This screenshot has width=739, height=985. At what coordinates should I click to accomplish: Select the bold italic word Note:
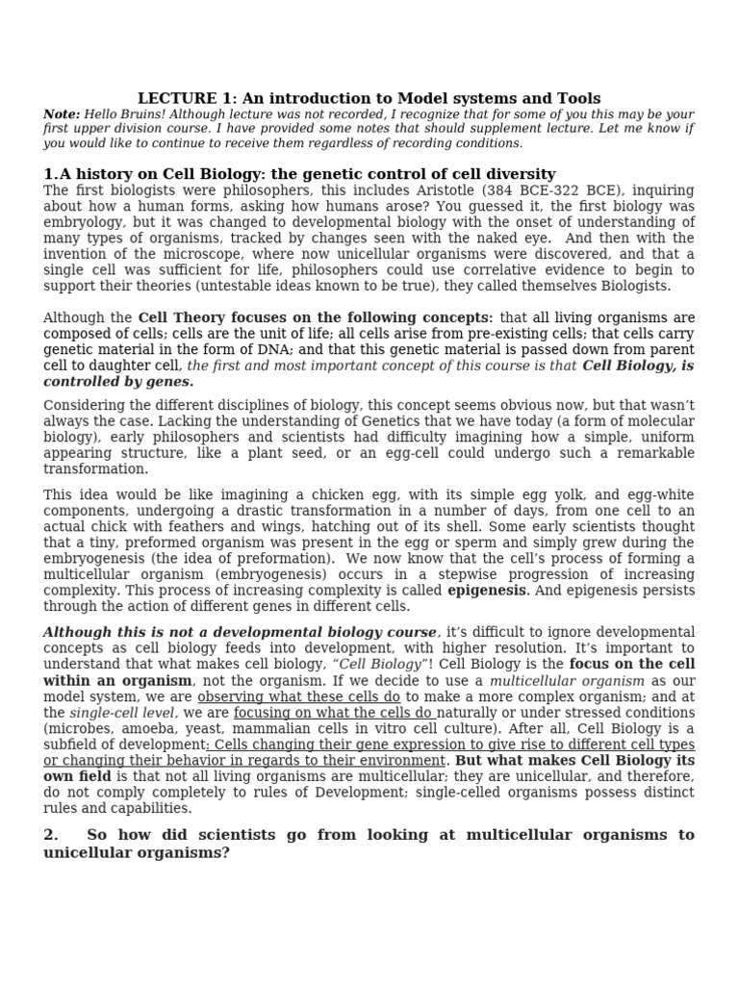point(62,114)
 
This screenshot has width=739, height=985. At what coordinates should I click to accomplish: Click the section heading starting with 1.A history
point(299,174)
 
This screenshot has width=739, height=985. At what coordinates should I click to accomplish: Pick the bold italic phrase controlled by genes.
point(118,382)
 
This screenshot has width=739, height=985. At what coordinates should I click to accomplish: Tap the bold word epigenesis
point(486,591)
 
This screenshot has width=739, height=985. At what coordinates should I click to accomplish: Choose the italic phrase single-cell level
point(122,713)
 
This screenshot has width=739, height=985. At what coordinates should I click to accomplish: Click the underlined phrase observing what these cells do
point(299,696)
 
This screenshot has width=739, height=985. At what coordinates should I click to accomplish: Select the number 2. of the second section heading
point(51,835)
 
